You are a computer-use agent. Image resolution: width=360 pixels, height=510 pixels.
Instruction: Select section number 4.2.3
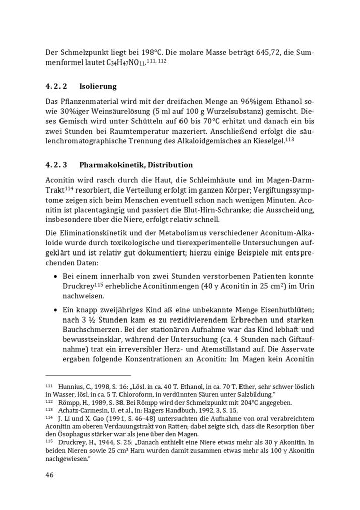[56, 165]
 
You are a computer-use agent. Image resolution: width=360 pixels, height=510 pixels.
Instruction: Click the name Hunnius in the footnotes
[73, 387]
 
